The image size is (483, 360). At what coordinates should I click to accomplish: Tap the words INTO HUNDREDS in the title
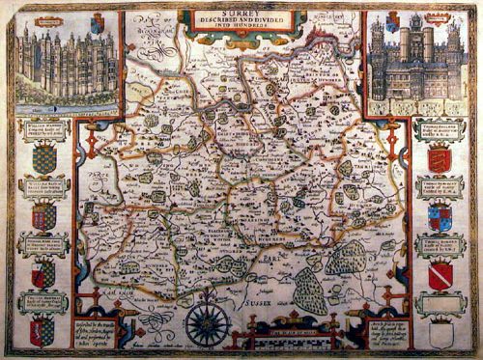pos(242,32)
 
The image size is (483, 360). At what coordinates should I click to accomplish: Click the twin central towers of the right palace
pos(416,53)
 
